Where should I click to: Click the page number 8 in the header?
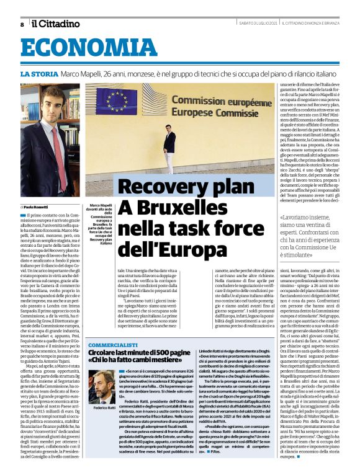[x=22, y=24]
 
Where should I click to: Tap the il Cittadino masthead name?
[x=56, y=24]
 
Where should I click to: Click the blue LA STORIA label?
[x=38, y=74]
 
